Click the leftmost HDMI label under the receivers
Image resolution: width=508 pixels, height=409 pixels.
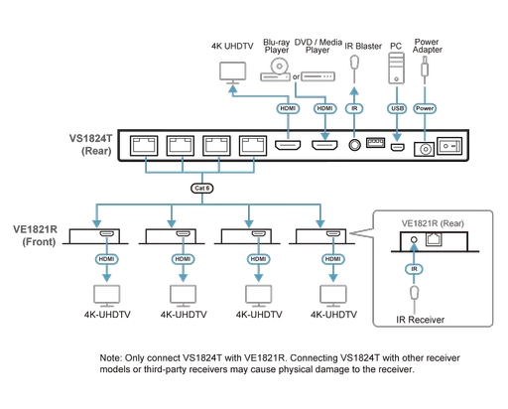click(x=105, y=259)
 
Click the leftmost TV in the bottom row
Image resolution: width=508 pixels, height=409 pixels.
click(x=105, y=294)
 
